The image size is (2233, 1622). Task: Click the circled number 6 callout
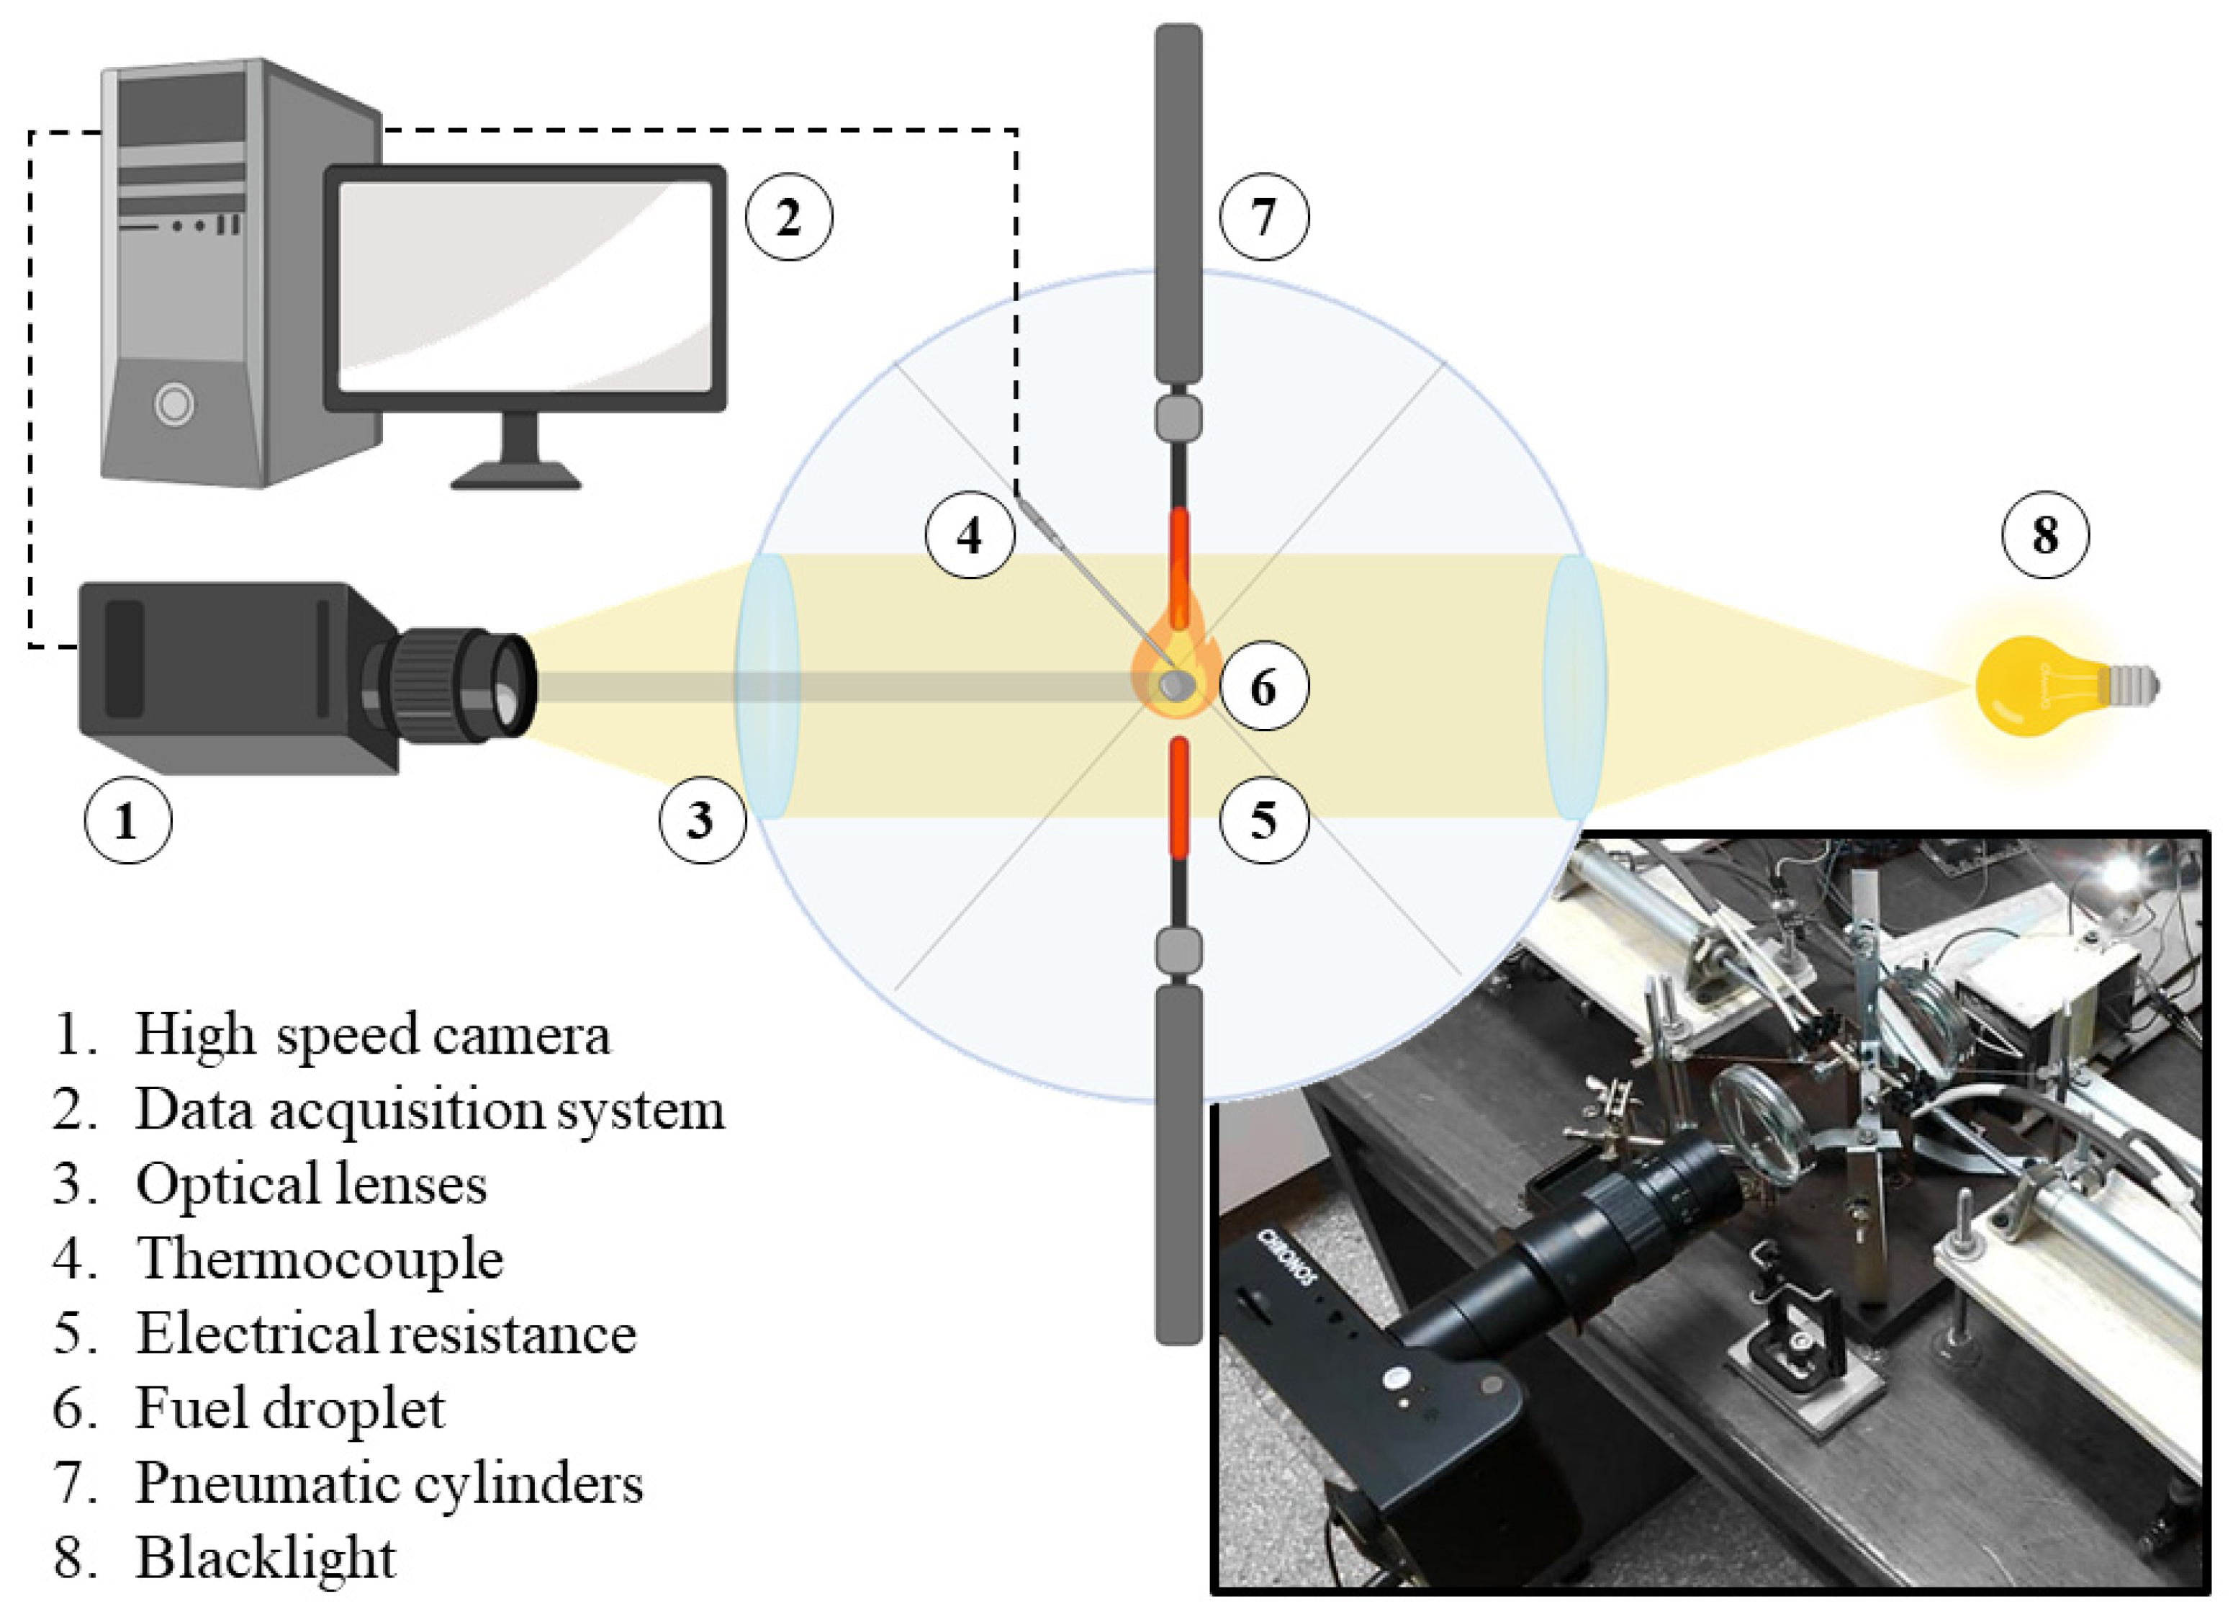click(1263, 686)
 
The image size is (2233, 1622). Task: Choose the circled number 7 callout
click(1263, 217)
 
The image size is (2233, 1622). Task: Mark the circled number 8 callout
click(2046, 534)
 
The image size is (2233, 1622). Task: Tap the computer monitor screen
click(525, 286)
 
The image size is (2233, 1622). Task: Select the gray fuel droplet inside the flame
click(1173, 684)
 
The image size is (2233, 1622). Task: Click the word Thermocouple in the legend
click(320, 1258)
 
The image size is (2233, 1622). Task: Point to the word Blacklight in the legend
click(266, 1558)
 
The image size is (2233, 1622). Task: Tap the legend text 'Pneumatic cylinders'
click(389, 1483)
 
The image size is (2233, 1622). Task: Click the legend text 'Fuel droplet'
click(290, 1408)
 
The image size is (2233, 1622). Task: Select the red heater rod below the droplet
click(1178, 798)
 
